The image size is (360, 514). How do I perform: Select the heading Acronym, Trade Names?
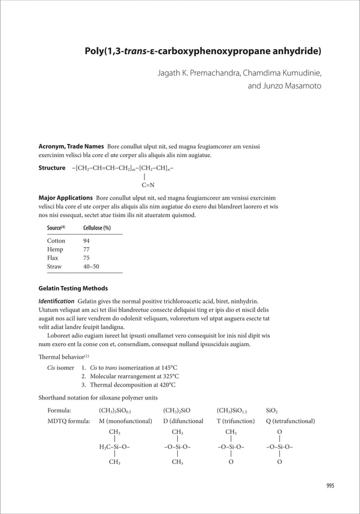[x=71, y=147]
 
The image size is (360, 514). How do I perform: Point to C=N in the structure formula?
[x=148, y=184]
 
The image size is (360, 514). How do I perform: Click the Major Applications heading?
[x=65, y=198]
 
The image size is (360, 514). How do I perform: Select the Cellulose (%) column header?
[x=96, y=228]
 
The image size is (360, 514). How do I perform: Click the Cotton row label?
[x=56, y=241]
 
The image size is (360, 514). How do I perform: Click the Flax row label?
[x=54, y=258]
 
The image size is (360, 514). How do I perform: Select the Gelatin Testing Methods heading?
[x=72, y=289]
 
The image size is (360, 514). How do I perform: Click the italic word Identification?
[x=55, y=301]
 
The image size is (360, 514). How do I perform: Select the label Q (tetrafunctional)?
[x=290, y=421]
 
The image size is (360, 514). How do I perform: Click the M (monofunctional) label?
[x=125, y=421]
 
